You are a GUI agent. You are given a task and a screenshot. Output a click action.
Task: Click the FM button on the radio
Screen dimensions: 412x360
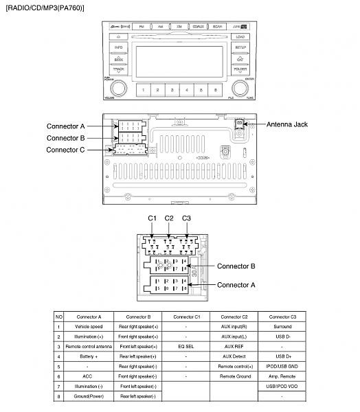pyautogui.click(x=142, y=26)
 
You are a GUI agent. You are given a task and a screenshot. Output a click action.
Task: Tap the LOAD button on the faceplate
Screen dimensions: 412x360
pyautogui.click(x=240, y=36)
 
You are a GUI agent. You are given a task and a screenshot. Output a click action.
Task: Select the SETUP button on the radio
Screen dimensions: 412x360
pyautogui.click(x=240, y=47)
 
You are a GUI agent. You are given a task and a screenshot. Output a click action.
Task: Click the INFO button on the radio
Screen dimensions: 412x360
pyautogui.click(x=118, y=47)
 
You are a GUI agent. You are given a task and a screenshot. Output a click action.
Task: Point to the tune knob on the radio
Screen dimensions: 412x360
pyautogui.click(x=240, y=89)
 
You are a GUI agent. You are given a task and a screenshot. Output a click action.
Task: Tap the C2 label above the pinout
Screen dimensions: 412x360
pyautogui.click(x=169, y=218)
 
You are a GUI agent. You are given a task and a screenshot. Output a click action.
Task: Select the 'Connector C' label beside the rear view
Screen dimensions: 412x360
pyautogui.click(x=66, y=149)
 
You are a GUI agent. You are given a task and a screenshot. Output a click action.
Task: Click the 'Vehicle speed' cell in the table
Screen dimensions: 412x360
pyautogui.click(x=89, y=327)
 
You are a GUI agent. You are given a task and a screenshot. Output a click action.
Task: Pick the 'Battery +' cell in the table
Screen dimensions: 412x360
pyautogui.click(x=89, y=356)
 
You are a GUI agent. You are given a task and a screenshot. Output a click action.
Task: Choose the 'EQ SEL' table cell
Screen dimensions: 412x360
pyautogui.click(x=185, y=347)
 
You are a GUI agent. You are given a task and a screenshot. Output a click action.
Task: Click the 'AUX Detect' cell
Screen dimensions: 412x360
pyautogui.click(x=234, y=356)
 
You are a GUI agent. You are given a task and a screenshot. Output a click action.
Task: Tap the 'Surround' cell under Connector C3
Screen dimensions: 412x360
pyautogui.click(x=283, y=327)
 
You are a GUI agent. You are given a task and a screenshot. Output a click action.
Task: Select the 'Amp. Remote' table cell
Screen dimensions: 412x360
pyautogui.click(x=283, y=376)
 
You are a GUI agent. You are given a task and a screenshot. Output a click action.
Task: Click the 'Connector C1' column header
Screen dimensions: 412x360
pyautogui.click(x=185, y=317)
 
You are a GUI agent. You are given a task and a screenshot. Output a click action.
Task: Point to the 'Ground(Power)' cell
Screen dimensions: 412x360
pyautogui.click(x=89, y=396)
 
